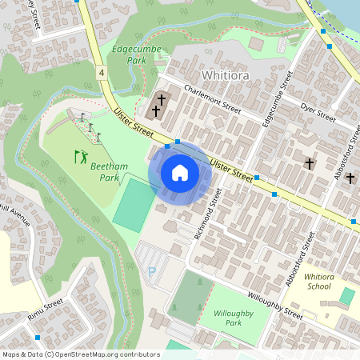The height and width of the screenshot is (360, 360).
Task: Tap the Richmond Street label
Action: (206, 214)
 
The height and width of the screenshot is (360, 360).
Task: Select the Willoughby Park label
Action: (222, 317)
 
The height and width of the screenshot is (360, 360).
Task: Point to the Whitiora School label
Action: (318, 281)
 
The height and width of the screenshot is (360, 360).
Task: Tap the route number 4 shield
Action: (102, 73)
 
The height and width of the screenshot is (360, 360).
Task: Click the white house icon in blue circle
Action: (180, 173)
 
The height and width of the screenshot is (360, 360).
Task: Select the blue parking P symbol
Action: (151, 272)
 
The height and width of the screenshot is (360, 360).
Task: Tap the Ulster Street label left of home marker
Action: (134, 123)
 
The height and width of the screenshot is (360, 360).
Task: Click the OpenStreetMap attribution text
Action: (70, 354)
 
